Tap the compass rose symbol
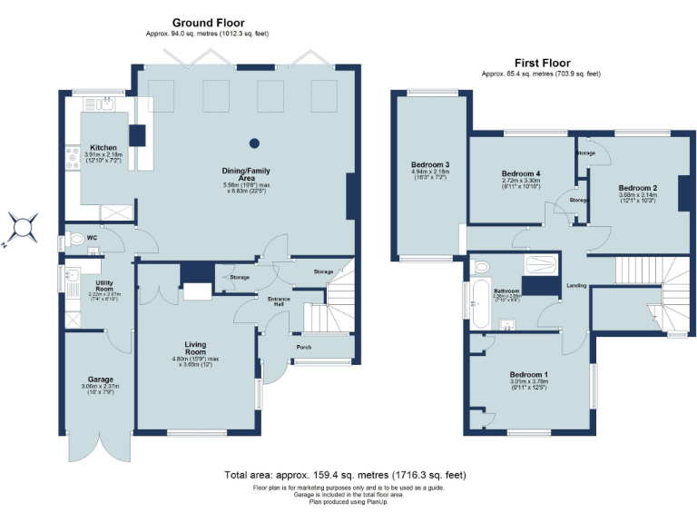tap(22, 225)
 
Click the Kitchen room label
tap(103, 147)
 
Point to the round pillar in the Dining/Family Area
tap(254, 143)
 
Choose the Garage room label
tap(100, 379)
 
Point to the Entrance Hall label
tap(278, 301)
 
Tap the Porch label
tap(303, 347)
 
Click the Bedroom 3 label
tap(431, 164)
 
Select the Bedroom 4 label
tap(521, 173)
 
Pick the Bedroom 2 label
tap(638, 187)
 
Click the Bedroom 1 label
tap(528, 374)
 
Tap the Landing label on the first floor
tap(576, 285)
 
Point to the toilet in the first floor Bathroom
tap(480, 267)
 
